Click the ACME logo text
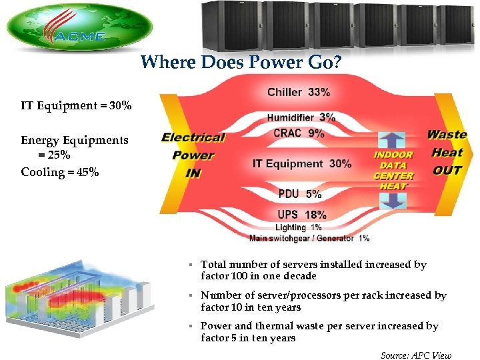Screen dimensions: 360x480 pyautogui.click(x=81, y=36)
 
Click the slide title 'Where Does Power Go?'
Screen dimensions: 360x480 pyautogui.click(x=242, y=63)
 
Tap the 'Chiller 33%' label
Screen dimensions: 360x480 pyautogui.click(x=298, y=92)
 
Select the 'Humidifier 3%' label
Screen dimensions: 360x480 pyautogui.click(x=301, y=118)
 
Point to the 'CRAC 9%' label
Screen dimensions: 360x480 pyautogui.click(x=299, y=133)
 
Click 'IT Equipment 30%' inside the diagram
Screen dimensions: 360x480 pyautogui.click(x=302, y=163)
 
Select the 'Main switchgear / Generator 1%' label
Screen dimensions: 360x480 pyautogui.click(x=309, y=238)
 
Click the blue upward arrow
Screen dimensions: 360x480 pyautogui.click(x=392, y=141)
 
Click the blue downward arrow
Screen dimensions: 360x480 pyautogui.click(x=392, y=201)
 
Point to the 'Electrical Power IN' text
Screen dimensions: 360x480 pyautogui.click(x=193, y=155)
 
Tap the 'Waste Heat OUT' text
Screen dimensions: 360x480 pyautogui.click(x=447, y=152)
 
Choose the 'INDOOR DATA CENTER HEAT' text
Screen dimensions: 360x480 pyautogui.click(x=393, y=171)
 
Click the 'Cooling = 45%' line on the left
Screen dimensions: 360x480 pyautogui.click(x=60, y=172)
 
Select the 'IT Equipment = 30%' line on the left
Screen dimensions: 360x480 pyautogui.click(x=76, y=105)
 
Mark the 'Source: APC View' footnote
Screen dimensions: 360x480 pyautogui.click(x=415, y=355)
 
